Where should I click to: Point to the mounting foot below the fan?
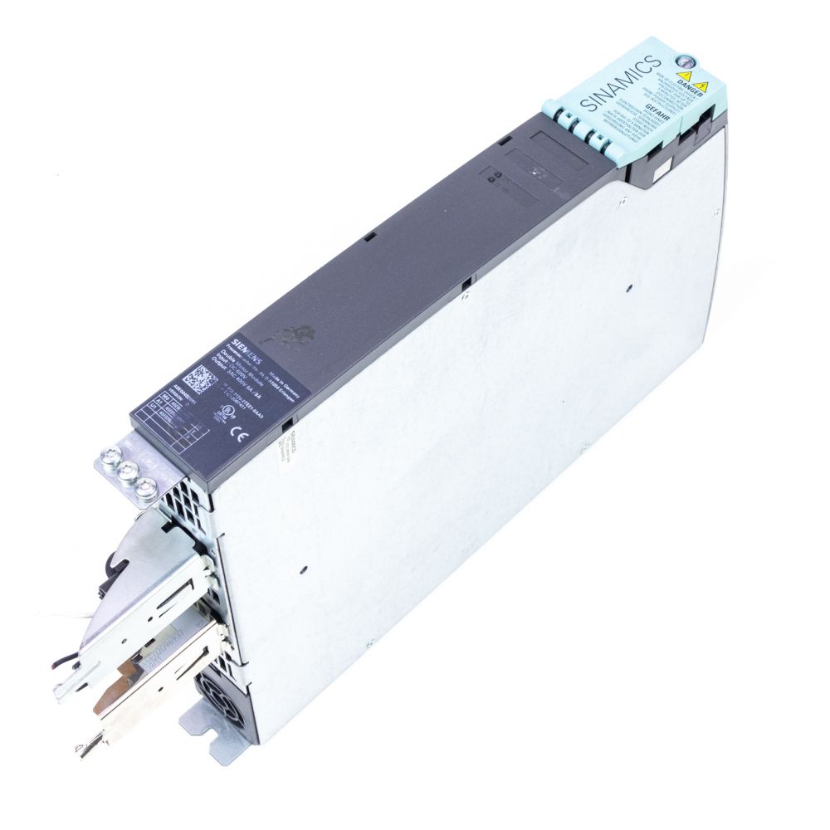tap(217, 748)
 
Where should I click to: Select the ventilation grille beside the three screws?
tap(184, 497)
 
